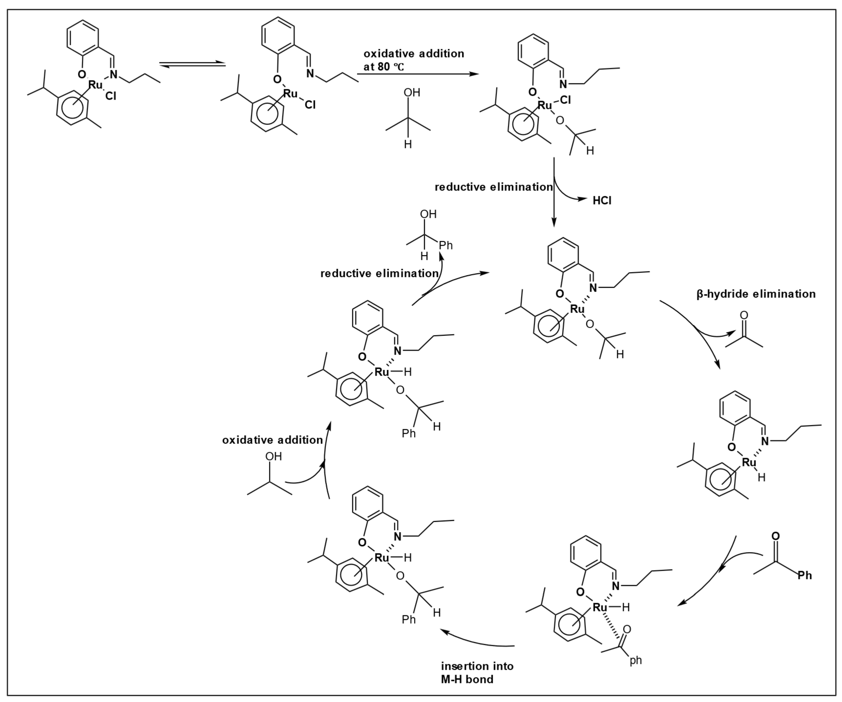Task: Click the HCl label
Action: (602, 201)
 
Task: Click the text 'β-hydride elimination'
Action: (756, 294)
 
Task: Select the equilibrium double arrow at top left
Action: (192, 64)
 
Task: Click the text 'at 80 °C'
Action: (384, 67)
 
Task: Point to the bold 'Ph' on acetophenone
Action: (804, 575)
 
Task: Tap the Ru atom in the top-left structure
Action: (95, 85)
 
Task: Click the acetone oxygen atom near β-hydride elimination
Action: (744, 315)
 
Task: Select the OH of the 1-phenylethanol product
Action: (428, 214)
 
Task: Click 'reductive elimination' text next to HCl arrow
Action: (494, 187)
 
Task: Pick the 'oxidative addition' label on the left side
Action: (272, 440)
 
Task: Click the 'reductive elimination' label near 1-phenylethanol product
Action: (379, 274)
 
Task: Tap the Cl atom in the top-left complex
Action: (111, 96)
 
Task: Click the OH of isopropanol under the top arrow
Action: (412, 93)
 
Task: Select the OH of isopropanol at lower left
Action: (274, 456)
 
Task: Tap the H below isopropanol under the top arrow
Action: (408, 144)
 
